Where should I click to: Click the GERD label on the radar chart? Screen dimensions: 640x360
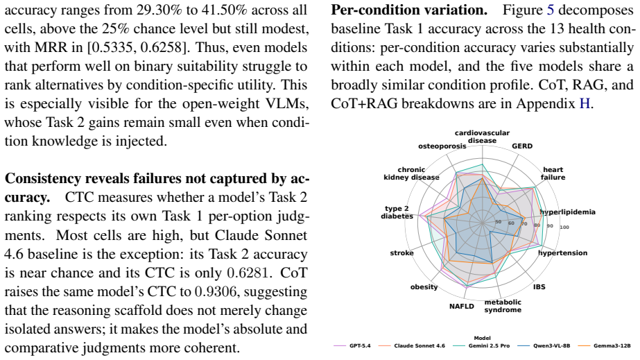tap(522, 146)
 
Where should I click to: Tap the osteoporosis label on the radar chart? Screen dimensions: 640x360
tap(442, 146)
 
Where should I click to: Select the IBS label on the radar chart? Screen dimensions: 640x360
tap(539, 287)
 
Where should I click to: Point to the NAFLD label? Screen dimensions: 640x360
tap(462, 306)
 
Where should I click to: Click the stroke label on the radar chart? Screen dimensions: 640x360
tap(401, 253)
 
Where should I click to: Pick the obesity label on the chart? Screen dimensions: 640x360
tap(424, 287)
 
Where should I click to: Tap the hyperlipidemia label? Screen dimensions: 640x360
tap(568, 212)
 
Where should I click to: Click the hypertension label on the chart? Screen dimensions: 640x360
tap(563, 253)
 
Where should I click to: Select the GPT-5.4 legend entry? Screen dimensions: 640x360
tap(352, 345)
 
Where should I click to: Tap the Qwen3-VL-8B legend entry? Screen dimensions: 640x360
tap(544, 345)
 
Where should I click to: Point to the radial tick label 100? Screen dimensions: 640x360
tap(564, 227)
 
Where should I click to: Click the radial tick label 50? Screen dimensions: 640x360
tap(498, 222)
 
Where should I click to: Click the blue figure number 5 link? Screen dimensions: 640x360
tap(550, 10)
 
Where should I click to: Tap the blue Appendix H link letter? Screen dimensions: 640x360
tap(585, 103)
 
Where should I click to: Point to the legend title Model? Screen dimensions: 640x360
tap(482, 338)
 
